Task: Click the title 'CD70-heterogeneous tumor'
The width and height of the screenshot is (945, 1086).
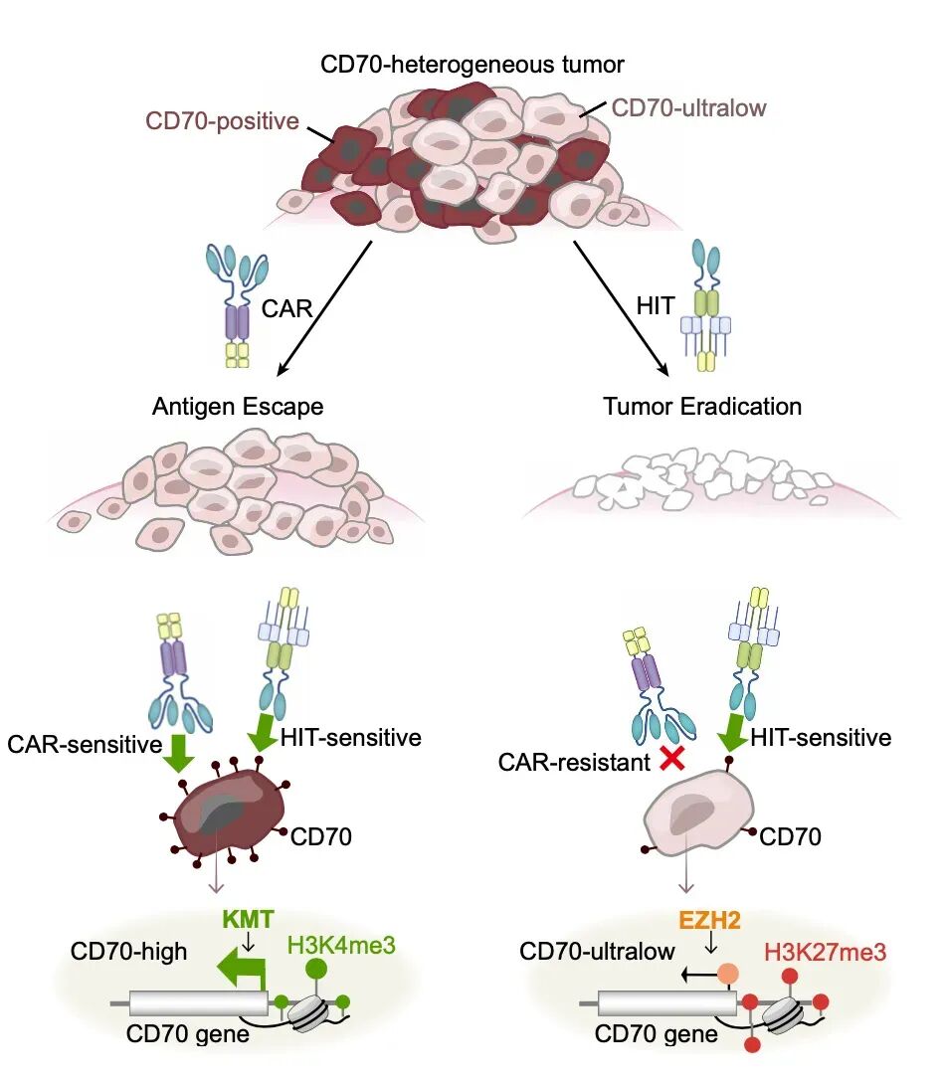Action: [x=472, y=66]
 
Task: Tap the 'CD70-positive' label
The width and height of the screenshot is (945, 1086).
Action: [x=222, y=121]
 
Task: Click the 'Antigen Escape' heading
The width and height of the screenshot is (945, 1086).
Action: [x=238, y=407]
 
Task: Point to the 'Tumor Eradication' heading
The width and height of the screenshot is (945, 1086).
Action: [x=702, y=407]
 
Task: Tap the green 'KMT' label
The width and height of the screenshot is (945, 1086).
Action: [x=243, y=916]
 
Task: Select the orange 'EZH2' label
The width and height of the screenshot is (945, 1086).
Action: [x=710, y=916]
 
